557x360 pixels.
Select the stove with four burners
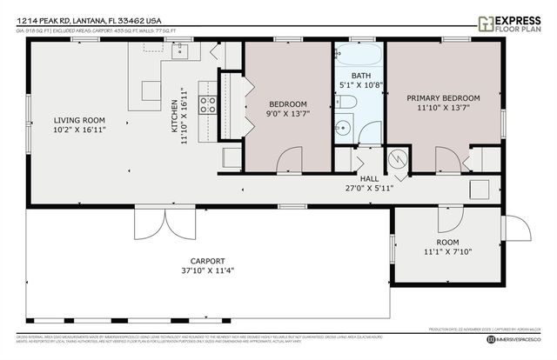[208, 105]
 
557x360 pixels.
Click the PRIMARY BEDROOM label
[443, 98]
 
